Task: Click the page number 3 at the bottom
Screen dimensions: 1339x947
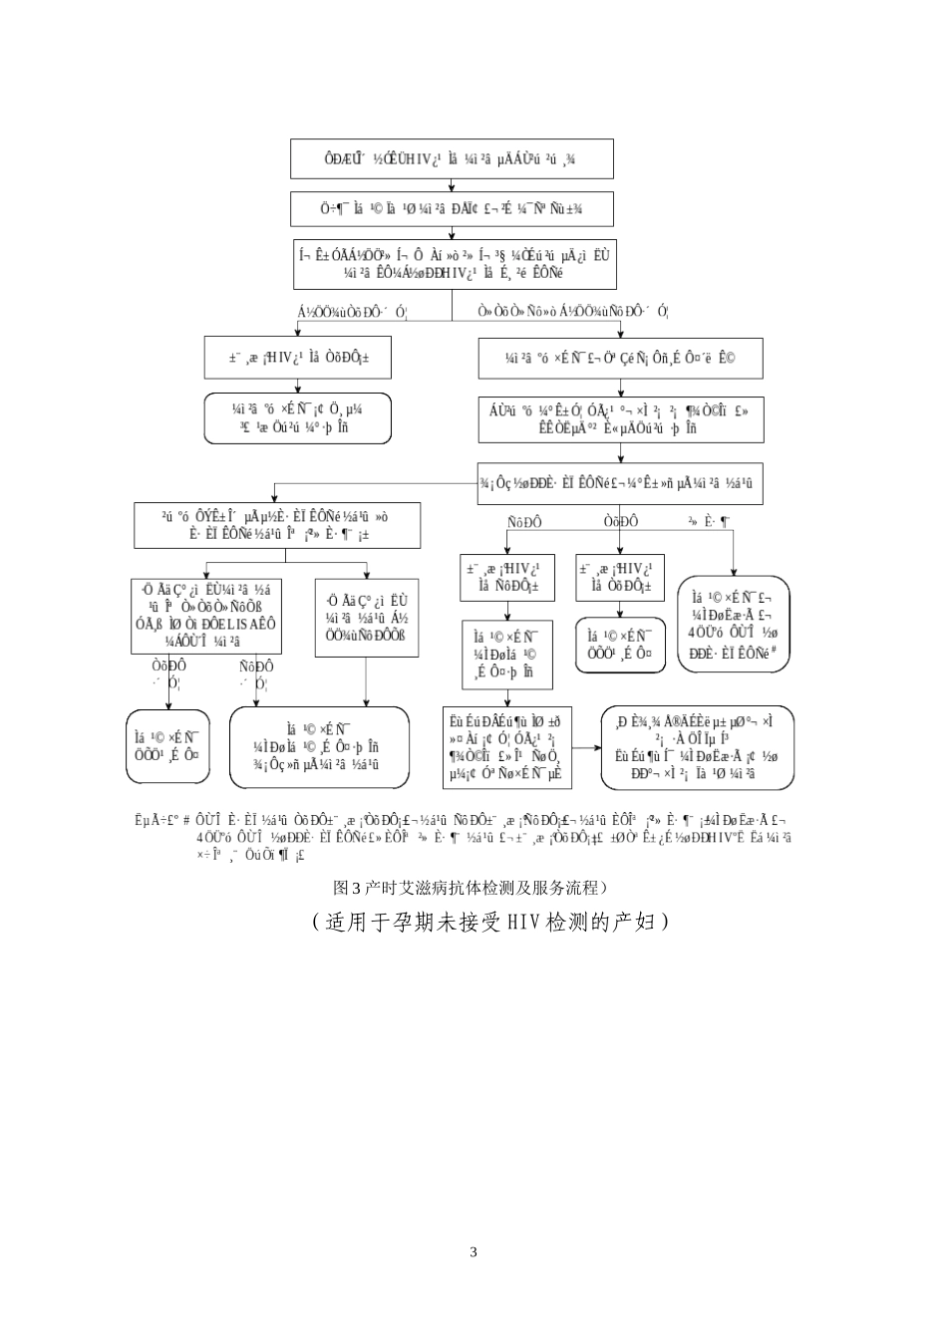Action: [473, 1252]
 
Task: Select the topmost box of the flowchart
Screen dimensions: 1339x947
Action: [452, 159]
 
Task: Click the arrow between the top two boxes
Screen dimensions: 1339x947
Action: [453, 185]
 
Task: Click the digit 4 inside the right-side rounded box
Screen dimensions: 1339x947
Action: [692, 631]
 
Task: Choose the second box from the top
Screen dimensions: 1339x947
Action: [452, 208]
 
